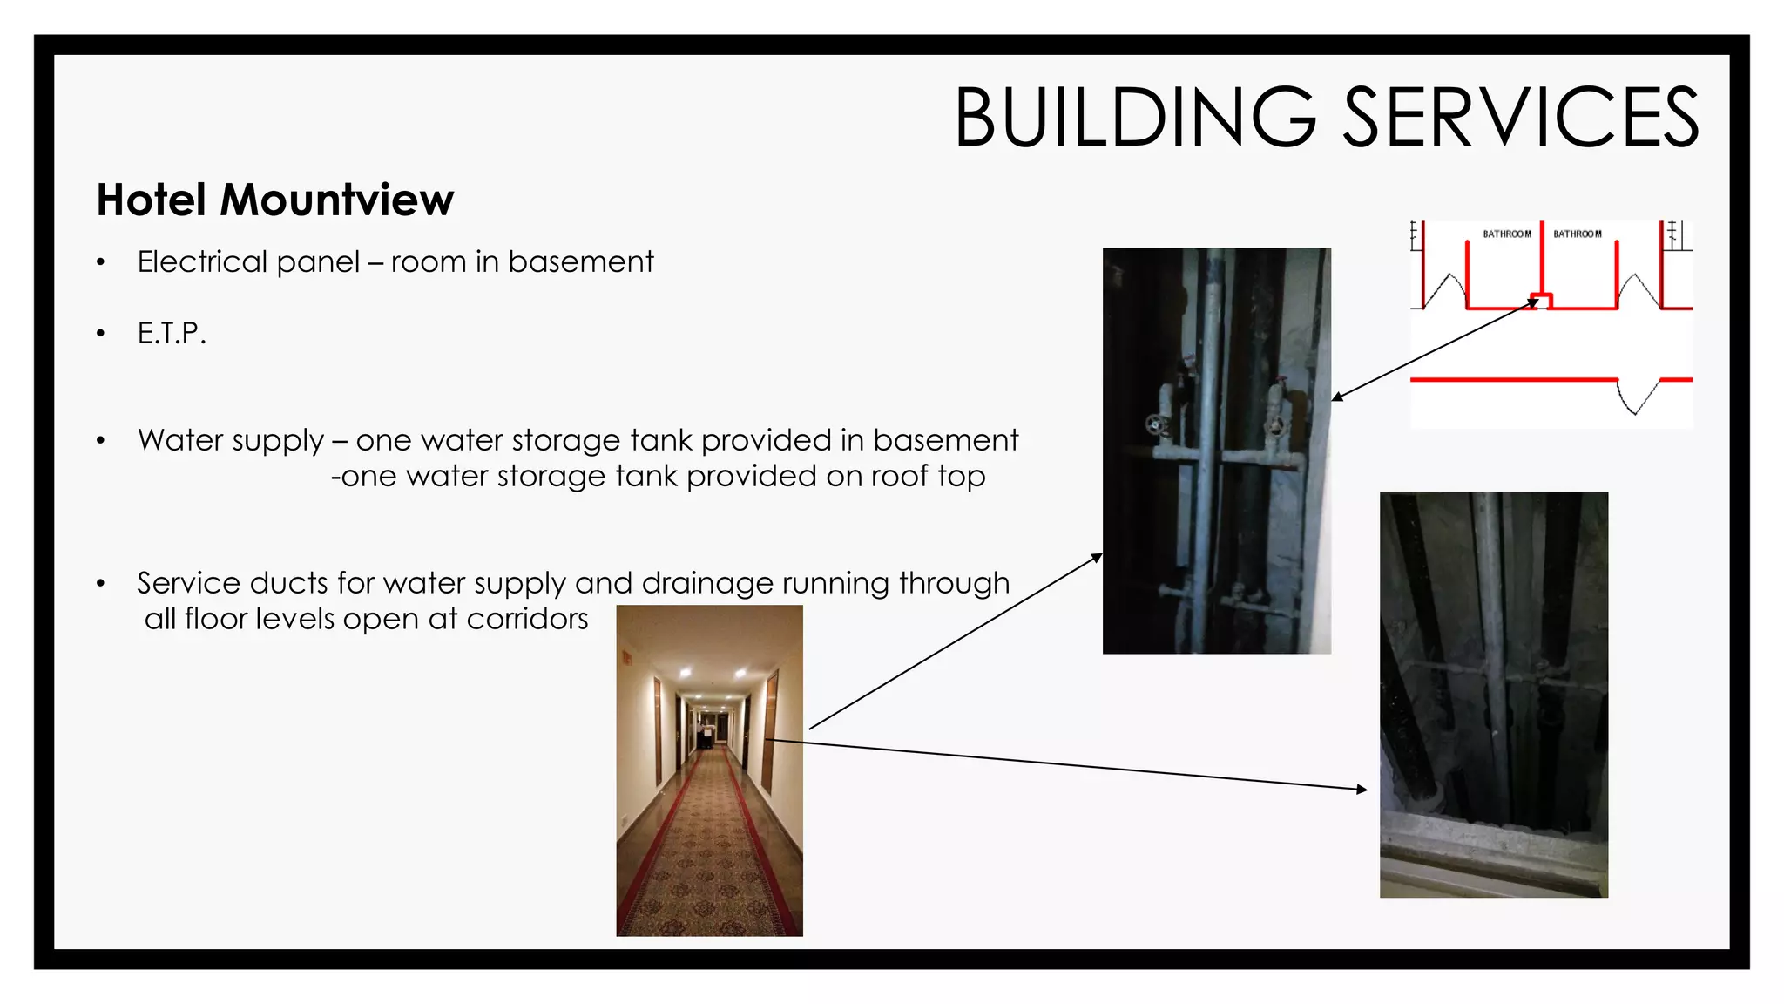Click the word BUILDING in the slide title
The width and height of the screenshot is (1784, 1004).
tap(1135, 118)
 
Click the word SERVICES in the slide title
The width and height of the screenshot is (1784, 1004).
tap(1521, 118)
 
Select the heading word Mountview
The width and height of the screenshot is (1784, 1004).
tap(336, 200)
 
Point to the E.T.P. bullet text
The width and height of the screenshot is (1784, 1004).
tap(172, 333)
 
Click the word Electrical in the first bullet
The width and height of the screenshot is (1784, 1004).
tap(201, 261)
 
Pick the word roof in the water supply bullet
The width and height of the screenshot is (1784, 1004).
tap(902, 477)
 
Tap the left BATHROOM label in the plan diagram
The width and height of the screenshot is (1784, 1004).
tap(1507, 234)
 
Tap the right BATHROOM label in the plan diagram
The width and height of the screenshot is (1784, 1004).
tap(1578, 234)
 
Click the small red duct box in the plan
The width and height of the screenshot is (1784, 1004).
tap(1542, 302)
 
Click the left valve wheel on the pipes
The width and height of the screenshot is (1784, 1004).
tap(1157, 426)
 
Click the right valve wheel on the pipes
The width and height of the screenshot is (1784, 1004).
tap(1275, 427)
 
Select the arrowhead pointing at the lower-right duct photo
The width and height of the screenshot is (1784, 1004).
tap(1362, 790)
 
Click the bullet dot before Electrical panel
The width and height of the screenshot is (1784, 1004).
tap(101, 262)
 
